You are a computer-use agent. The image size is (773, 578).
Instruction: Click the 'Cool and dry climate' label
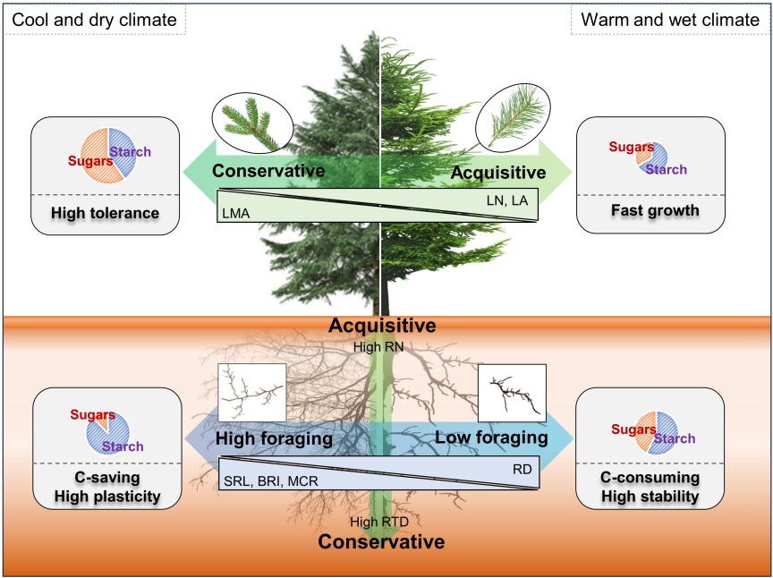pos(94,18)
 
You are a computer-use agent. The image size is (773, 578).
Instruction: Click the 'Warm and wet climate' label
pos(670,18)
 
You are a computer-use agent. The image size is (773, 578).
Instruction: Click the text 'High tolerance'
pos(105,213)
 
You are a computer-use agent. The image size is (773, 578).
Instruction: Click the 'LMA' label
pos(235,213)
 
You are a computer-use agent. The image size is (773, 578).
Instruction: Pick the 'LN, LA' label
pos(508,201)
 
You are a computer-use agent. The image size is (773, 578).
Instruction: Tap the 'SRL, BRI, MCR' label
pos(270,481)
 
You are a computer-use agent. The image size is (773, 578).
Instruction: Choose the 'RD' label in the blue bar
pos(522,469)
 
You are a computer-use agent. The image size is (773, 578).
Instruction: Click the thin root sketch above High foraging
pos(252,392)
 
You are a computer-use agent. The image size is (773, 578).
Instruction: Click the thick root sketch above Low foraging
pos(512,393)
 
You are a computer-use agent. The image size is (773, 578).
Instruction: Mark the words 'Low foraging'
pos(491,438)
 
